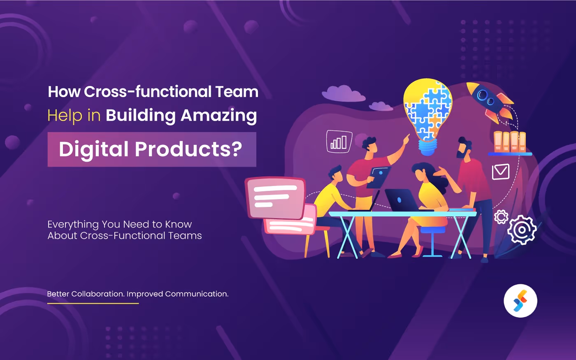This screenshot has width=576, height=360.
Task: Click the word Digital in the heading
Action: (x=93, y=149)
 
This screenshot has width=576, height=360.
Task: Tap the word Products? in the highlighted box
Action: (x=188, y=149)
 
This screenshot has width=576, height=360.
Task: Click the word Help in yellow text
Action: (x=65, y=116)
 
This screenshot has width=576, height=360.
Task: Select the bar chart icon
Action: (x=339, y=142)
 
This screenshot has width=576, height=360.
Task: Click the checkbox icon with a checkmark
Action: (x=501, y=172)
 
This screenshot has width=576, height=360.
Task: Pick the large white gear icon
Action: (x=522, y=230)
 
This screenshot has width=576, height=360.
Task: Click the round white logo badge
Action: (x=520, y=301)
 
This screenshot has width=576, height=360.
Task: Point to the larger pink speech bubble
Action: (x=275, y=197)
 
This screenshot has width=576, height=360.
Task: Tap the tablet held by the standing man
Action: (x=379, y=177)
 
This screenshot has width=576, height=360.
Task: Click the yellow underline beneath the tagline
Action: (x=93, y=303)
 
